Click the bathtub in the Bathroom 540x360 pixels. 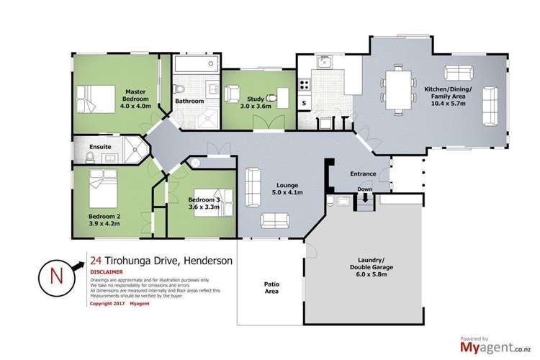coord(193,73)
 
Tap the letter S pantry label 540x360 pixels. coord(304,104)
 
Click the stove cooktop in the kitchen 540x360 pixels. coord(304,85)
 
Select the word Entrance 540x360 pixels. coord(363,174)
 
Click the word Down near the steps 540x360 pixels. coord(364,190)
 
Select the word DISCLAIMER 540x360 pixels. coord(106,273)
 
